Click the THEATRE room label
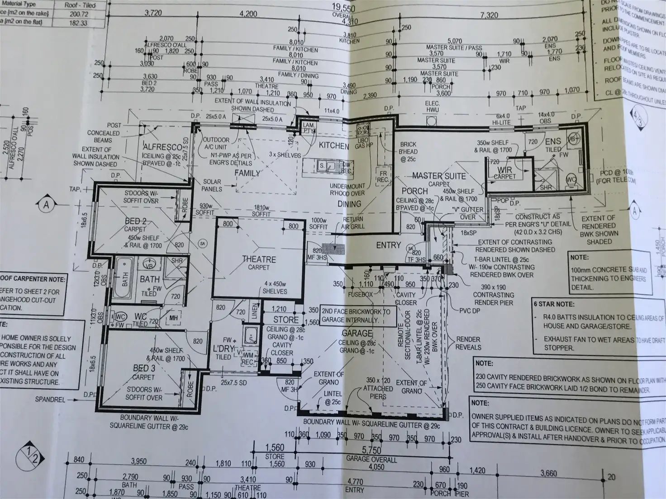(x=259, y=259)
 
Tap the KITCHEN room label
(x=334, y=146)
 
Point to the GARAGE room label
(x=357, y=334)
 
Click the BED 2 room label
(x=136, y=221)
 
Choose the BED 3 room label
(x=144, y=368)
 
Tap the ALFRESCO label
(x=162, y=147)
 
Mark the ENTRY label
(x=389, y=245)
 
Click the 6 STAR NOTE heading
(x=554, y=304)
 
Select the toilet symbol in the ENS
(x=571, y=180)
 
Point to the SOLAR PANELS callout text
(x=212, y=185)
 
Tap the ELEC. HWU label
(x=433, y=107)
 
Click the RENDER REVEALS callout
(x=468, y=343)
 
